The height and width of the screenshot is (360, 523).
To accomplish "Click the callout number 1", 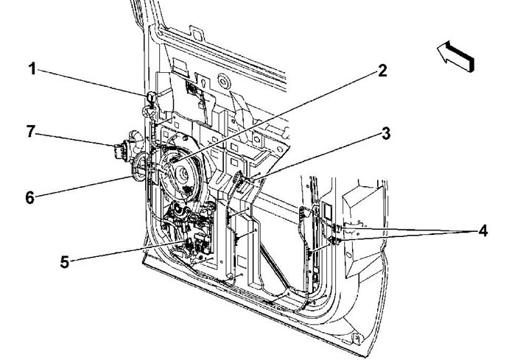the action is (32, 69).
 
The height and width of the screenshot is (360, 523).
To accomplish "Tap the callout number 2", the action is (382, 71).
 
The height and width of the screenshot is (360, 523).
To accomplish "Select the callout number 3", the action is (385, 133).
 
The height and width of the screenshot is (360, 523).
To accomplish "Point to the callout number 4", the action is (482, 230).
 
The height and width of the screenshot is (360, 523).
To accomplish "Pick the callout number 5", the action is (65, 261).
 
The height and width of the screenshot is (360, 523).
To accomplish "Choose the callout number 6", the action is (30, 197).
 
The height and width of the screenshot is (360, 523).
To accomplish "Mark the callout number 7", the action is (31, 131).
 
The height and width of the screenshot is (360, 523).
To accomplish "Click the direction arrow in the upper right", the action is (456, 56).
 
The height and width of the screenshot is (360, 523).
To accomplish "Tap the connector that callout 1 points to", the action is (151, 98).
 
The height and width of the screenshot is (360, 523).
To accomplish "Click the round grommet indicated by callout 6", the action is (139, 166).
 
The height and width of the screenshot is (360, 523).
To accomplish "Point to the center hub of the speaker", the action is (183, 173).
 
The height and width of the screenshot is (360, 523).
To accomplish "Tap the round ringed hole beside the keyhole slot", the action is (223, 81).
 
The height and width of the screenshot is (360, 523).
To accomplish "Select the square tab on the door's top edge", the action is (197, 33).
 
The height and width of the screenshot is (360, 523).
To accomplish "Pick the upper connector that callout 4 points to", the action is (335, 228).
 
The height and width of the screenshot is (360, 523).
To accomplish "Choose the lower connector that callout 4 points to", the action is (334, 240).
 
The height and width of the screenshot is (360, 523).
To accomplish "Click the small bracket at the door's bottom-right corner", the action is (357, 339).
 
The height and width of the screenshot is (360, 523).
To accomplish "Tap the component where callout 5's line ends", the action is (189, 244).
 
